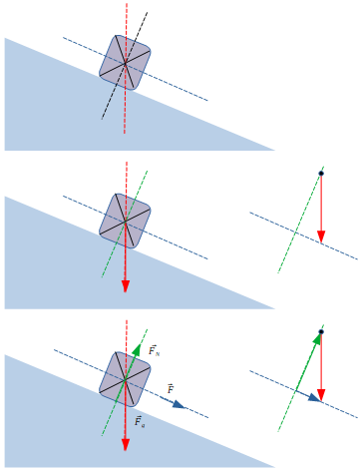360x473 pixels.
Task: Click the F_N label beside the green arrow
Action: (x=154, y=351)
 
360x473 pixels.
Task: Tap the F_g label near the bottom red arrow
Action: (x=140, y=422)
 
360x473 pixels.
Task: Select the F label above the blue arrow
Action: (x=171, y=388)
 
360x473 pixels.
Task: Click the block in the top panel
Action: (x=126, y=63)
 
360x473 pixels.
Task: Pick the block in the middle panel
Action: (x=125, y=222)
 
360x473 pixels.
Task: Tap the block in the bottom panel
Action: (x=125, y=379)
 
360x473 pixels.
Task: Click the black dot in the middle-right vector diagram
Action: (x=321, y=174)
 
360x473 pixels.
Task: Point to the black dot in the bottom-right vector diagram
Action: (x=321, y=331)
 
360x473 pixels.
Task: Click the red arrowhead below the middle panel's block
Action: (x=126, y=285)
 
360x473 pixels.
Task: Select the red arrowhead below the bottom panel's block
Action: (x=126, y=444)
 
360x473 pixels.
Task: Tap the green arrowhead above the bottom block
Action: (x=137, y=348)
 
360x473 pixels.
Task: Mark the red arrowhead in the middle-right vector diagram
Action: (x=321, y=237)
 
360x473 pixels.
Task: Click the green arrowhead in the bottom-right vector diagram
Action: (x=317, y=339)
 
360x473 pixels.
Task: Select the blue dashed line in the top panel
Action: (x=184, y=90)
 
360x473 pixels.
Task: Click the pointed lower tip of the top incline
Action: (x=272, y=150)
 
